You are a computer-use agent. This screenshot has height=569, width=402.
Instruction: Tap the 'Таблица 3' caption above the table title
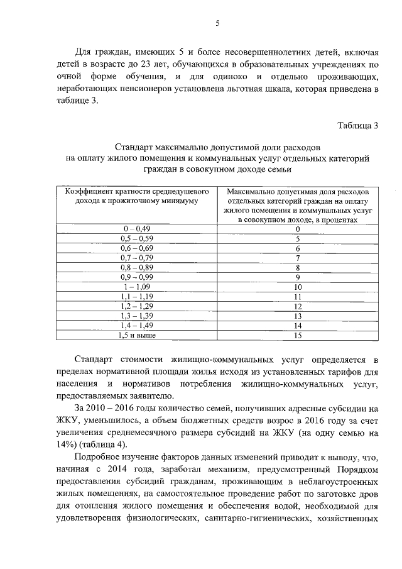pyautogui.click(x=357, y=124)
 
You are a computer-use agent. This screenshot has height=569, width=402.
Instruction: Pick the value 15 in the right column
pyautogui.click(x=298, y=335)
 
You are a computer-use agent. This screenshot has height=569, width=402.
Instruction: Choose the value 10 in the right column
pyautogui.click(x=298, y=287)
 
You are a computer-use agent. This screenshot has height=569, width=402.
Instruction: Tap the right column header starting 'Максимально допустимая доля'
pyautogui.click(x=298, y=205)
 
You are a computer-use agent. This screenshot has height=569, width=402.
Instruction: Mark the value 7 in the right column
pyautogui.click(x=298, y=258)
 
